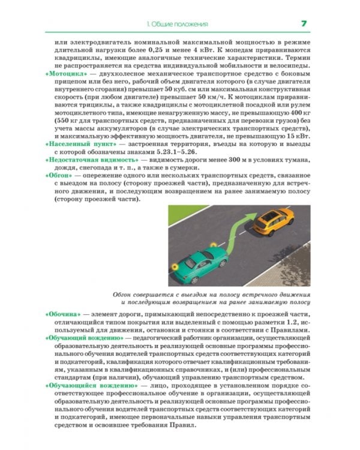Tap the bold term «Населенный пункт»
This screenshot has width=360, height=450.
(79, 145)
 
